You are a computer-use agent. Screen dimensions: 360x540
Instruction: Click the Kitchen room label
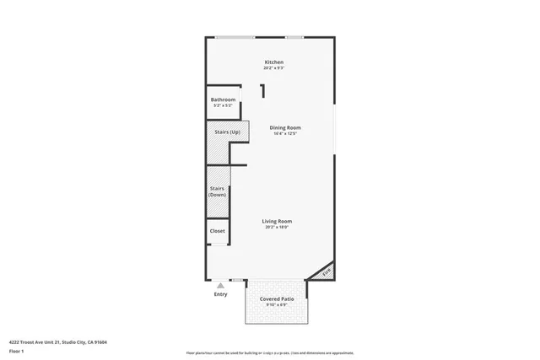coord(273,62)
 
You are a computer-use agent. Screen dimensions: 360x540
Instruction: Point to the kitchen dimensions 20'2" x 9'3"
coord(273,68)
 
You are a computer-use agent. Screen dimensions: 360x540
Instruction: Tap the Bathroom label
coord(223,99)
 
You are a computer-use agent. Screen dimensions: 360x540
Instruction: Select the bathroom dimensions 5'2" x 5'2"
coord(223,105)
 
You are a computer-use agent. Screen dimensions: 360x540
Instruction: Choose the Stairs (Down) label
coord(217,191)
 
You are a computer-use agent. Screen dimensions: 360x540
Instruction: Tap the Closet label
coord(217,230)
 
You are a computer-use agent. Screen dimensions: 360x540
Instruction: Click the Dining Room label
coord(285,127)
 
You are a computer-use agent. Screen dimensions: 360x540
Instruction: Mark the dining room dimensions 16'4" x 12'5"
coord(285,133)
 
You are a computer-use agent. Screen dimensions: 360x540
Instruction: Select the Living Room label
coord(277,221)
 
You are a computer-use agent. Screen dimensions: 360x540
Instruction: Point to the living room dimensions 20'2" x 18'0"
coord(277,227)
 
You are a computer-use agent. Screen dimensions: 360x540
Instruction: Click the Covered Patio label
coord(276,299)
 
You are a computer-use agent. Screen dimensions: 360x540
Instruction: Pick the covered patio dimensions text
coord(276,305)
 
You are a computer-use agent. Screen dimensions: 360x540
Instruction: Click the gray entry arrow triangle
coord(220,286)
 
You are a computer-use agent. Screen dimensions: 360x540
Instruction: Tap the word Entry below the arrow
coord(220,294)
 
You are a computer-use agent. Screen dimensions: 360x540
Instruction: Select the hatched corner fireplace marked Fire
coord(326,271)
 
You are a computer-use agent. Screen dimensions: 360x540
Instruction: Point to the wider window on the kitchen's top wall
coord(235,37)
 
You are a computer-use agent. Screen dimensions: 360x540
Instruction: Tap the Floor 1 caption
coord(16,350)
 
